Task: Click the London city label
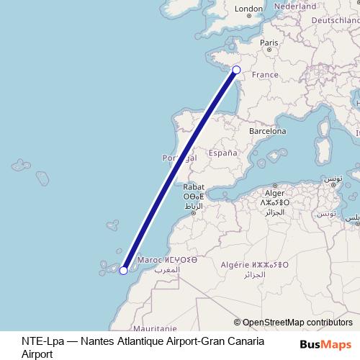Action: coord(249,9)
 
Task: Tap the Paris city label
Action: coord(269,43)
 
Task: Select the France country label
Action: coord(265,75)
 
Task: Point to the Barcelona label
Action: coord(268,132)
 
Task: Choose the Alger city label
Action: coord(275,193)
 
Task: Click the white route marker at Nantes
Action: coord(235,70)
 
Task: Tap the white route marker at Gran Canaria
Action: coord(123,271)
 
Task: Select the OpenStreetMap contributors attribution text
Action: coord(297,323)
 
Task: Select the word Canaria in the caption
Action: coord(244,341)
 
